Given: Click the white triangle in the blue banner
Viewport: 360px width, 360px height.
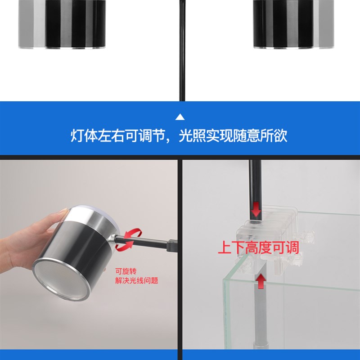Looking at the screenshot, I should click(180, 117).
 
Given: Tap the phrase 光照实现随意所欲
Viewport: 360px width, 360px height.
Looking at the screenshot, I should click(233, 136).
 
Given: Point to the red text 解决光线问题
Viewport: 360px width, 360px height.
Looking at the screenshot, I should click(136, 281).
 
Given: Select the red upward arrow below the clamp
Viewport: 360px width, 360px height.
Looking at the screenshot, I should click(261, 282).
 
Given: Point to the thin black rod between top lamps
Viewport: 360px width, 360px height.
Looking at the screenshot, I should click(182, 49).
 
